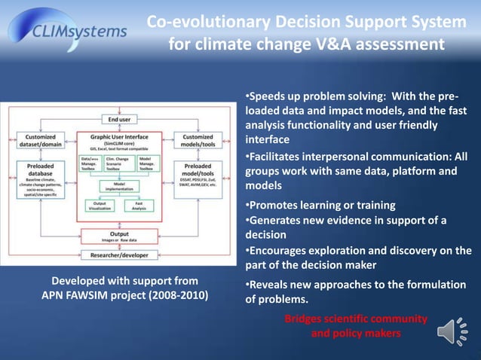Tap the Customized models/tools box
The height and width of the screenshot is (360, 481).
(x=198, y=141)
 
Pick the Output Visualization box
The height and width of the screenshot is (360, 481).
(x=99, y=206)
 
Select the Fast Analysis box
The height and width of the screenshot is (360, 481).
(x=139, y=206)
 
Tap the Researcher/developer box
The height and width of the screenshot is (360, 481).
(x=119, y=255)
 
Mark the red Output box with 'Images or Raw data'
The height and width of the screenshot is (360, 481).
(x=119, y=236)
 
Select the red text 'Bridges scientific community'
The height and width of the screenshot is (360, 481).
(x=356, y=319)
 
